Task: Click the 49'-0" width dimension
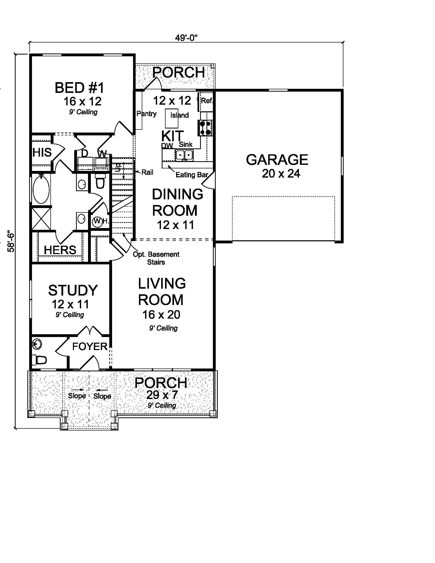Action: [x=186, y=38]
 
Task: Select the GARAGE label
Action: [x=277, y=160]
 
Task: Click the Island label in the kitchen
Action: [x=179, y=115]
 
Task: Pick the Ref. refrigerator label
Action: [x=207, y=101]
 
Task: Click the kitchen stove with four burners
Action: [x=205, y=128]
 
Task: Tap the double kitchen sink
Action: [x=184, y=155]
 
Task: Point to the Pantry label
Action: [x=146, y=114]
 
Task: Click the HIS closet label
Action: [x=42, y=152]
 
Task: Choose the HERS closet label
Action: [x=60, y=250]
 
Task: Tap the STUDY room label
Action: [x=73, y=290]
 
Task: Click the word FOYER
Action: [x=90, y=347]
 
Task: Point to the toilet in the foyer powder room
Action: [x=39, y=360]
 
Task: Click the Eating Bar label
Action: [x=191, y=175]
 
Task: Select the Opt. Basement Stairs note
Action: [x=156, y=258]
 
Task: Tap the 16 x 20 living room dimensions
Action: [x=161, y=315]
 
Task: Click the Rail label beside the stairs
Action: [x=147, y=172]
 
